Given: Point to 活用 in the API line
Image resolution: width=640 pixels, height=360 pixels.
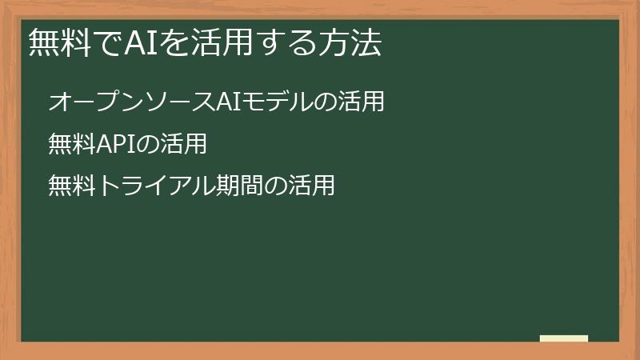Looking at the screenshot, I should click(184, 144).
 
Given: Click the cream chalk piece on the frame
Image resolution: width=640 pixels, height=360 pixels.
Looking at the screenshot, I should click(564, 338).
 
